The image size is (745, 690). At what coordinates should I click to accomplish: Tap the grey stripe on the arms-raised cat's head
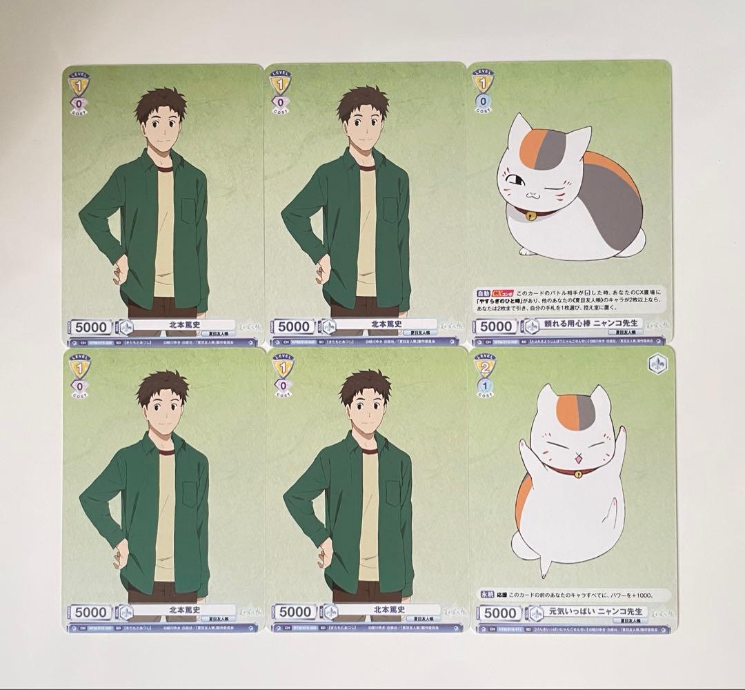[x=585, y=411]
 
